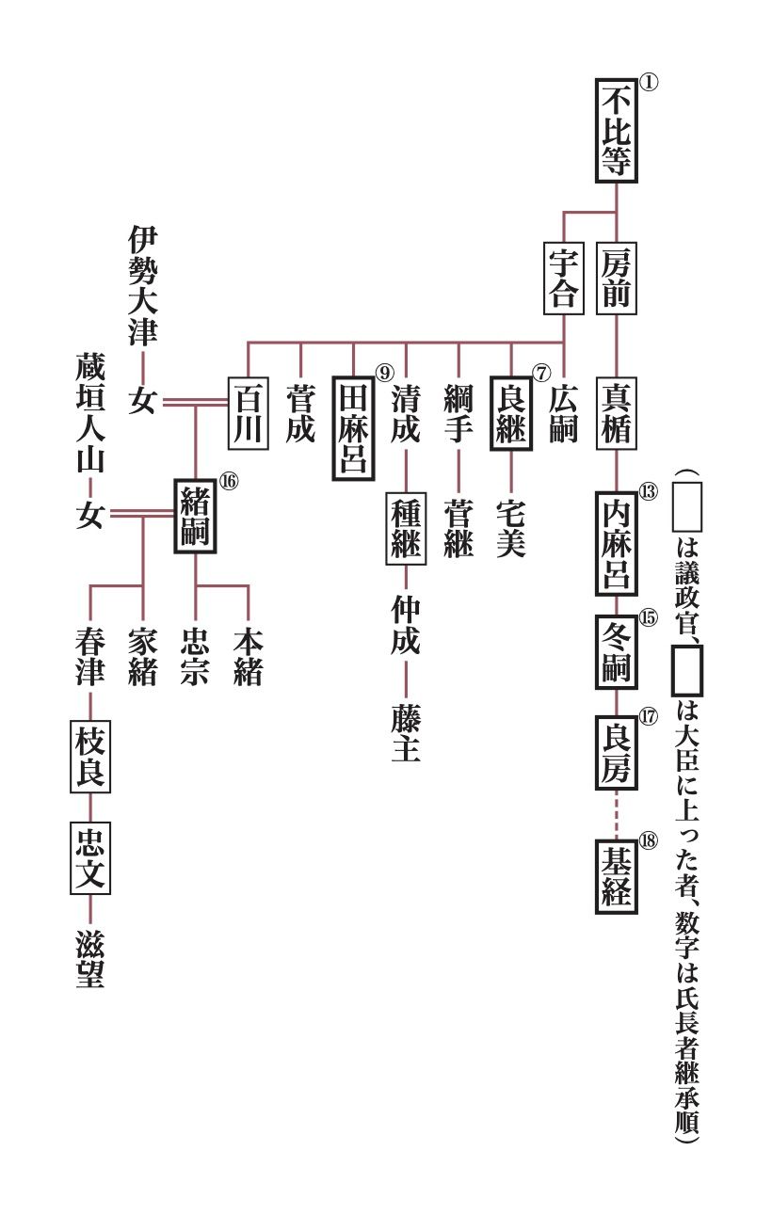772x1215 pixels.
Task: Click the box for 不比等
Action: tap(616, 130)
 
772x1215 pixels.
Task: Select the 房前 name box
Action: tap(616, 278)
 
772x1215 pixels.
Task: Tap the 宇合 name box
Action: tap(563, 278)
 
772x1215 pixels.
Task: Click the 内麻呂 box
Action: tap(616, 542)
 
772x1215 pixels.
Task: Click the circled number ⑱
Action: tap(648, 841)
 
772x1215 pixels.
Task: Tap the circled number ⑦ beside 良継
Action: tap(540, 372)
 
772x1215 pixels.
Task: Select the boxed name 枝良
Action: tap(90, 759)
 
